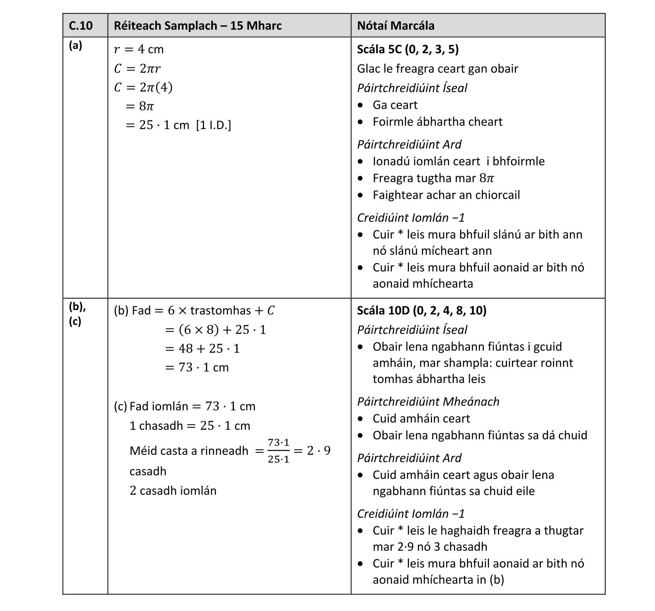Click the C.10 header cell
(81, 26)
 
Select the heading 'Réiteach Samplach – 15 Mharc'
(197, 26)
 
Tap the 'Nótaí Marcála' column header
(396, 26)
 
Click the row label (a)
(75, 45)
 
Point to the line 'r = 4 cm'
(139, 49)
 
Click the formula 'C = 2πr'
(137, 68)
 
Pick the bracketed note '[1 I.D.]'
(213, 125)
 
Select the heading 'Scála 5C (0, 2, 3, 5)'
(408, 49)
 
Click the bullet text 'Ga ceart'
(395, 105)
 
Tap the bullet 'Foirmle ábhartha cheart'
(437, 122)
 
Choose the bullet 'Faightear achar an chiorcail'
(446, 195)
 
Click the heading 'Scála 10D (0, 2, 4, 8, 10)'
(422, 311)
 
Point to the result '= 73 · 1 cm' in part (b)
(197, 367)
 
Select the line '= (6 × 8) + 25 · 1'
(215, 330)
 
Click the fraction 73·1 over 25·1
(279, 451)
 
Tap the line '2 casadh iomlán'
(173, 491)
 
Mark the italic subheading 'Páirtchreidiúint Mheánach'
(428, 402)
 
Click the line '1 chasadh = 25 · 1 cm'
(190, 426)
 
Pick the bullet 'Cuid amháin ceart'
(421, 419)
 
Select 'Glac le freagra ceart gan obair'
(437, 69)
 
